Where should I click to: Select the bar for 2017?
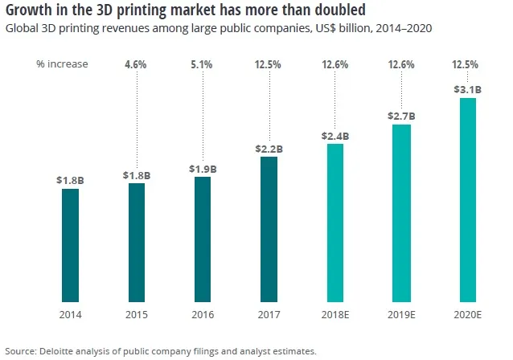[x=269, y=229]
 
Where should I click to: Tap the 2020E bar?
[x=467, y=200]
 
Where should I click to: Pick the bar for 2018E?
[x=334, y=223]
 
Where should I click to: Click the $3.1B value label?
[x=468, y=90]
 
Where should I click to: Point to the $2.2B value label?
[x=269, y=148]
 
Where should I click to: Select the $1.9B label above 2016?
[x=202, y=168]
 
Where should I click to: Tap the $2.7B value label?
[x=401, y=116]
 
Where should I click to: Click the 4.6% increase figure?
[x=137, y=64]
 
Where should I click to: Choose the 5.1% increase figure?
[x=203, y=64]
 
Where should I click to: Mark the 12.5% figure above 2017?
[x=269, y=64]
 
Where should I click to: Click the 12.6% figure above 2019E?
[x=401, y=64]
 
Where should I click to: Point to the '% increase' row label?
[x=62, y=64]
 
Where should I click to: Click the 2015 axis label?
[x=136, y=315]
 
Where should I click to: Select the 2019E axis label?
[x=401, y=315]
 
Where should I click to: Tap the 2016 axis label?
[x=203, y=315]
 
